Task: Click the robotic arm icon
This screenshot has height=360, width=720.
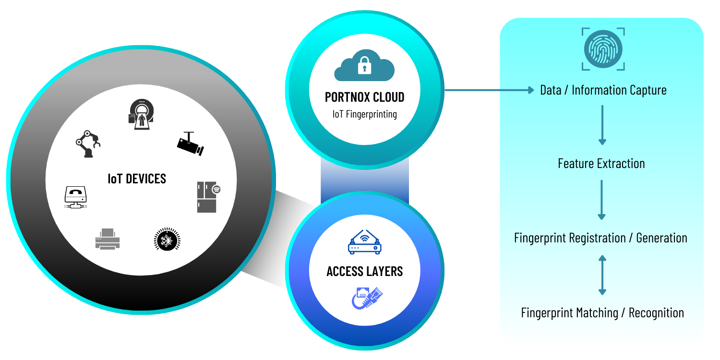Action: coord(88,144)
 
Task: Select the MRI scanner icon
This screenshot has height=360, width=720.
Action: coord(140,115)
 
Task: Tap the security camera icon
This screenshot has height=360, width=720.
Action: coord(190,144)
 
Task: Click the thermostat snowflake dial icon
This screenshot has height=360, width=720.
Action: coord(167,239)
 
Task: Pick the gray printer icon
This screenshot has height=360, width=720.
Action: coord(108,239)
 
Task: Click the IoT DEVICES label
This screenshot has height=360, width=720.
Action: coord(137,179)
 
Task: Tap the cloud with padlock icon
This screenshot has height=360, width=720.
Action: coord(364,68)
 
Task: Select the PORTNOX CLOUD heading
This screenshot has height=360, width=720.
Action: coord(365,97)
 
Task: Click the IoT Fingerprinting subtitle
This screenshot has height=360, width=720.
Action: coord(365,114)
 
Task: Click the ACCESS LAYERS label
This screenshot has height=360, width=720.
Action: coord(365,272)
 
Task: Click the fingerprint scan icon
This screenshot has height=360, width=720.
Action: coord(603,49)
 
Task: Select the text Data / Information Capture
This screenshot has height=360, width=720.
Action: coord(603,90)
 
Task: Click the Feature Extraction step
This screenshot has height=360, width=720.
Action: coord(601,164)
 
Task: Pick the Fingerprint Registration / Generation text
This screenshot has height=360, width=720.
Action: coord(600,238)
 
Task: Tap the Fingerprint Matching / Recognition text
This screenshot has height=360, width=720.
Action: coord(602,313)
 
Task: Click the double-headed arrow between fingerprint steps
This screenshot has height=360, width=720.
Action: coord(602,275)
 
